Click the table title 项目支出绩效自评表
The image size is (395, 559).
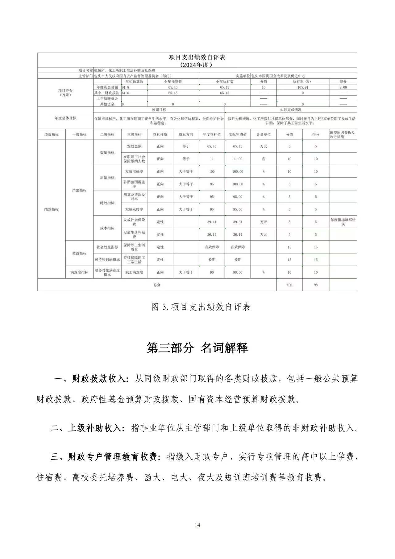(197, 57)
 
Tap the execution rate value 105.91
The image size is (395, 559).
(302, 87)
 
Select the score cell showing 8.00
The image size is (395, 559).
(343, 87)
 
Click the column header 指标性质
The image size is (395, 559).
(160, 135)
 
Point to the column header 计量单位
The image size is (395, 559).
(263, 135)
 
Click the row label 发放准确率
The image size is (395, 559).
(134, 171)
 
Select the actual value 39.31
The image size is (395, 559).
(237, 222)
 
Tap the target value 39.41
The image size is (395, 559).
(212, 222)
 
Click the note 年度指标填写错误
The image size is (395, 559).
(343, 222)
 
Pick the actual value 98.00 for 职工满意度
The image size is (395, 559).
(237, 272)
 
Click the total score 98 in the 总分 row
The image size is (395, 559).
(315, 285)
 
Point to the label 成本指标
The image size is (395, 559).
(107, 228)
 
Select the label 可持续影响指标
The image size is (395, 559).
(107, 260)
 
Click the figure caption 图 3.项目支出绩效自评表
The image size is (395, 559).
(201, 307)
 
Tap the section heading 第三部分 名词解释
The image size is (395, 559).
(197, 348)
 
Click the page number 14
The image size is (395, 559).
(197, 525)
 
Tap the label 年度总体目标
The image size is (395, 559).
(65, 118)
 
